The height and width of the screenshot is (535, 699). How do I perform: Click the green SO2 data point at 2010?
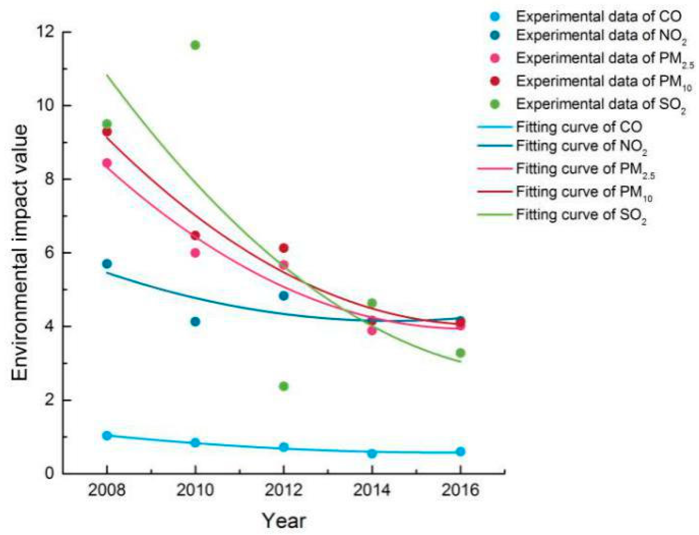(195, 45)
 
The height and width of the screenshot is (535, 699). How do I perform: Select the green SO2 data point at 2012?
(283, 386)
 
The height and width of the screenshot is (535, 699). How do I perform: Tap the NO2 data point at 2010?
(195, 321)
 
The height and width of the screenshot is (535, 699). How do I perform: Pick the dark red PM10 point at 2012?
(283, 248)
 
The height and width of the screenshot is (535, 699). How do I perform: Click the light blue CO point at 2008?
(107, 435)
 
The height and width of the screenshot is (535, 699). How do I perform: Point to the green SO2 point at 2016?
(460, 353)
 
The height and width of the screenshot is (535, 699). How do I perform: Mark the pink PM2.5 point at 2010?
(195, 253)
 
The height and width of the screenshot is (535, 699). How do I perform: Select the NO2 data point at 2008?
(107, 264)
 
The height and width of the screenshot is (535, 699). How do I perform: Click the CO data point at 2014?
(372, 453)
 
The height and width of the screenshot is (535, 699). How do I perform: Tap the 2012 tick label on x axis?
(283, 490)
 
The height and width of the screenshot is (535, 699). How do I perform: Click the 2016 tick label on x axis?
(460, 490)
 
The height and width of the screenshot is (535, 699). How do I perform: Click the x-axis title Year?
(283, 520)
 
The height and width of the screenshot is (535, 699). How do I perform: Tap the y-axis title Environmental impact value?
(19, 253)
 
